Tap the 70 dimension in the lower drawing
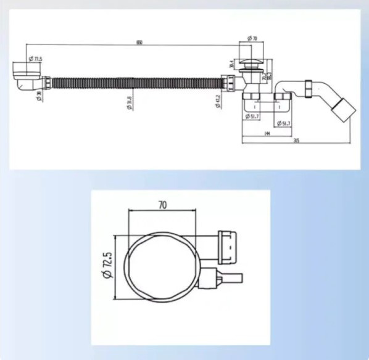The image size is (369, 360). (x=163, y=205)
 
